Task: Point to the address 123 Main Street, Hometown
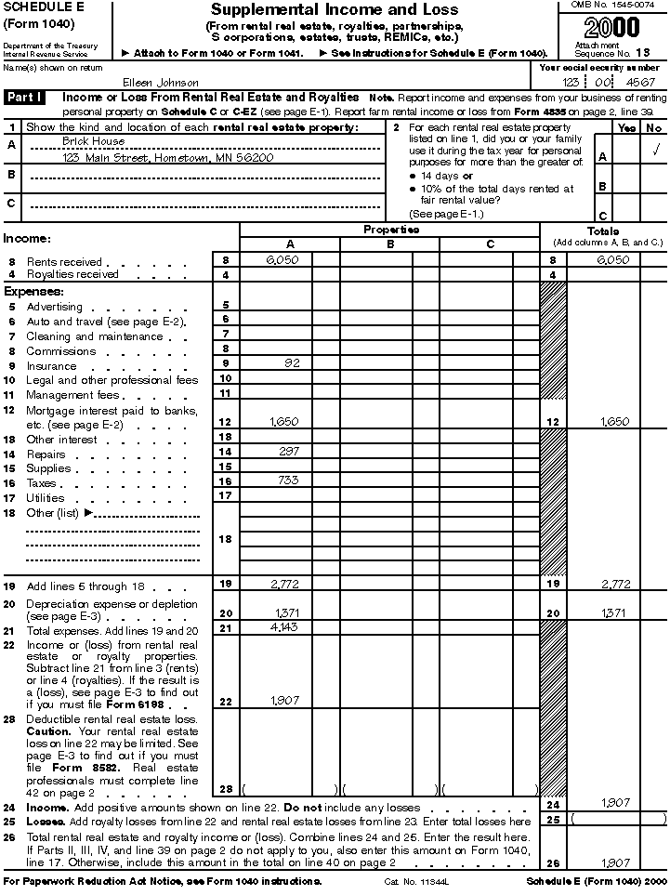[168, 158]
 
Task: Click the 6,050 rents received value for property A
[282, 261]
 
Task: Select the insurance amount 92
[293, 363]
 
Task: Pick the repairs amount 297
[290, 451]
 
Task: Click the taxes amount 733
[290, 480]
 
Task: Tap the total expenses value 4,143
[284, 628]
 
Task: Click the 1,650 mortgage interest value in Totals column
[614, 421]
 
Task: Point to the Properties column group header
[390, 230]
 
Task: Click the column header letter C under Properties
[490, 244]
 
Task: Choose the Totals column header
[603, 230]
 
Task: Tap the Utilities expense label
[46, 498]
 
